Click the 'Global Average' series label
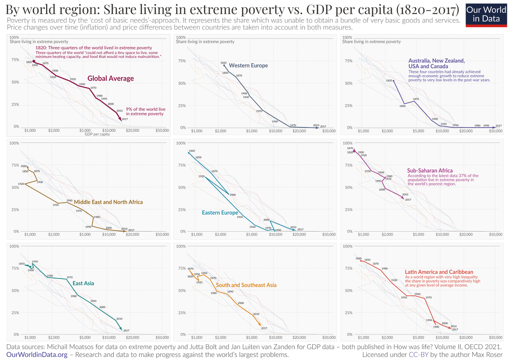(x=111, y=78)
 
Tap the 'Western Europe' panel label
(x=248, y=66)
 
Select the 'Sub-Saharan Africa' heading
(x=430, y=171)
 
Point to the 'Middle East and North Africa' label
(x=108, y=202)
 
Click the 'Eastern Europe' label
(x=220, y=212)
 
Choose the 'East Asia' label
(x=83, y=283)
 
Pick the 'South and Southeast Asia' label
(x=246, y=285)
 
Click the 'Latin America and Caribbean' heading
(x=439, y=272)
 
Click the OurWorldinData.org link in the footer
(x=37, y=354)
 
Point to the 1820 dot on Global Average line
(x=34, y=62)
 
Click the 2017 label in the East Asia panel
(x=126, y=331)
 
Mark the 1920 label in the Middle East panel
(x=21, y=184)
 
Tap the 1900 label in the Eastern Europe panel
(x=233, y=195)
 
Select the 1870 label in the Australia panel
(x=416, y=99)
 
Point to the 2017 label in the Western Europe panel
(x=323, y=126)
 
